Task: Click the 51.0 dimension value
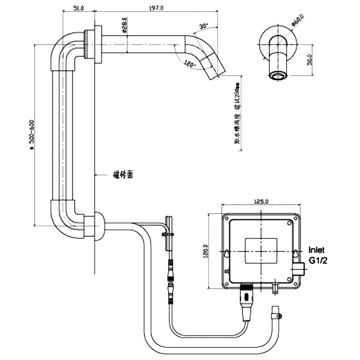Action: click(78, 8)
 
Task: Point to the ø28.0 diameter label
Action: click(125, 25)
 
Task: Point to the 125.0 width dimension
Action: click(261, 202)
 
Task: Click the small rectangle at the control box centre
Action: click(261, 250)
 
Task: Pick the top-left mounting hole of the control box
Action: click(226, 217)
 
